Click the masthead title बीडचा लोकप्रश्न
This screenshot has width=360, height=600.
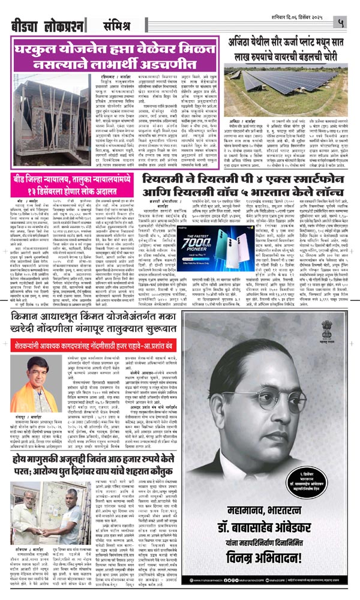(46, 26)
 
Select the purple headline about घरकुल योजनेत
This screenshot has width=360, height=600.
(116, 55)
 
